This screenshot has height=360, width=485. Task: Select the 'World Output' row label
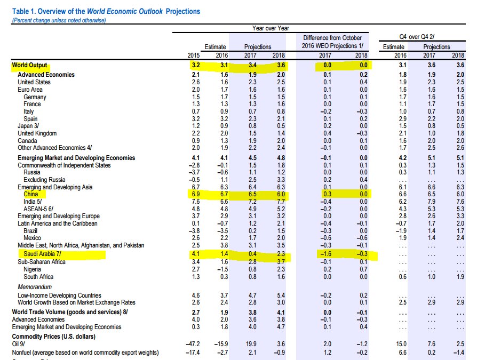click(x=30, y=66)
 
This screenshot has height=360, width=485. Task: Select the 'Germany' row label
click(x=35, y=97)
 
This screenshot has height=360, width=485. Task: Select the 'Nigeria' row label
click(x=34, y=270)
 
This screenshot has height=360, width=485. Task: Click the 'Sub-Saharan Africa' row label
click(x=42, y=262)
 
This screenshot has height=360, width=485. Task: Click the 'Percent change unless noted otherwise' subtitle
click(x=59, y=20)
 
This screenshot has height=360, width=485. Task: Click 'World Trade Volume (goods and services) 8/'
click(x=70, y=311)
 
